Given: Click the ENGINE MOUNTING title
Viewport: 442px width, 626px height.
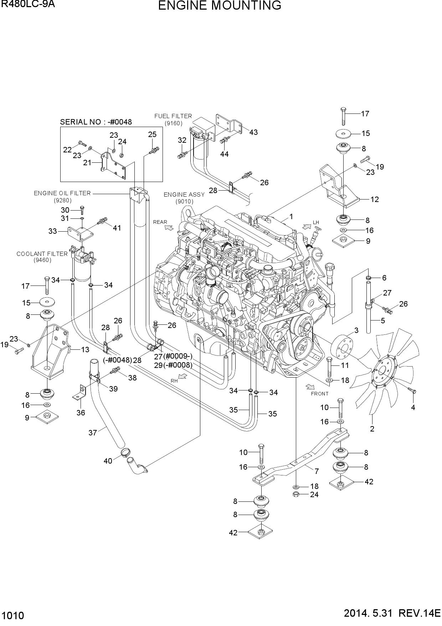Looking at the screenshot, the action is (220, 6).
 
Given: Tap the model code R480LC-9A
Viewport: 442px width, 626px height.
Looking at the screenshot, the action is (28, 4).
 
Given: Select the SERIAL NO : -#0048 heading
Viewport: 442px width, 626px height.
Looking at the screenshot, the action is (96, 122).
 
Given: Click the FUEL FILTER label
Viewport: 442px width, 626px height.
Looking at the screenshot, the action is (173, 116).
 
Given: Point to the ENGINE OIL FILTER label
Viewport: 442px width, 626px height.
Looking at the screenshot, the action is (62, 193).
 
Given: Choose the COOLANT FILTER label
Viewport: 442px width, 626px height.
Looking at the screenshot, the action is (42, 254).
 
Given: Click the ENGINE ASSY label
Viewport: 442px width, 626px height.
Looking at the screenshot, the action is (184, 195).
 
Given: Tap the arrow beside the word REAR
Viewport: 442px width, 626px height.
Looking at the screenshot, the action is (169, 227).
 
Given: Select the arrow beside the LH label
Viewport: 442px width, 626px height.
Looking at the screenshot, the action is (307, 226).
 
